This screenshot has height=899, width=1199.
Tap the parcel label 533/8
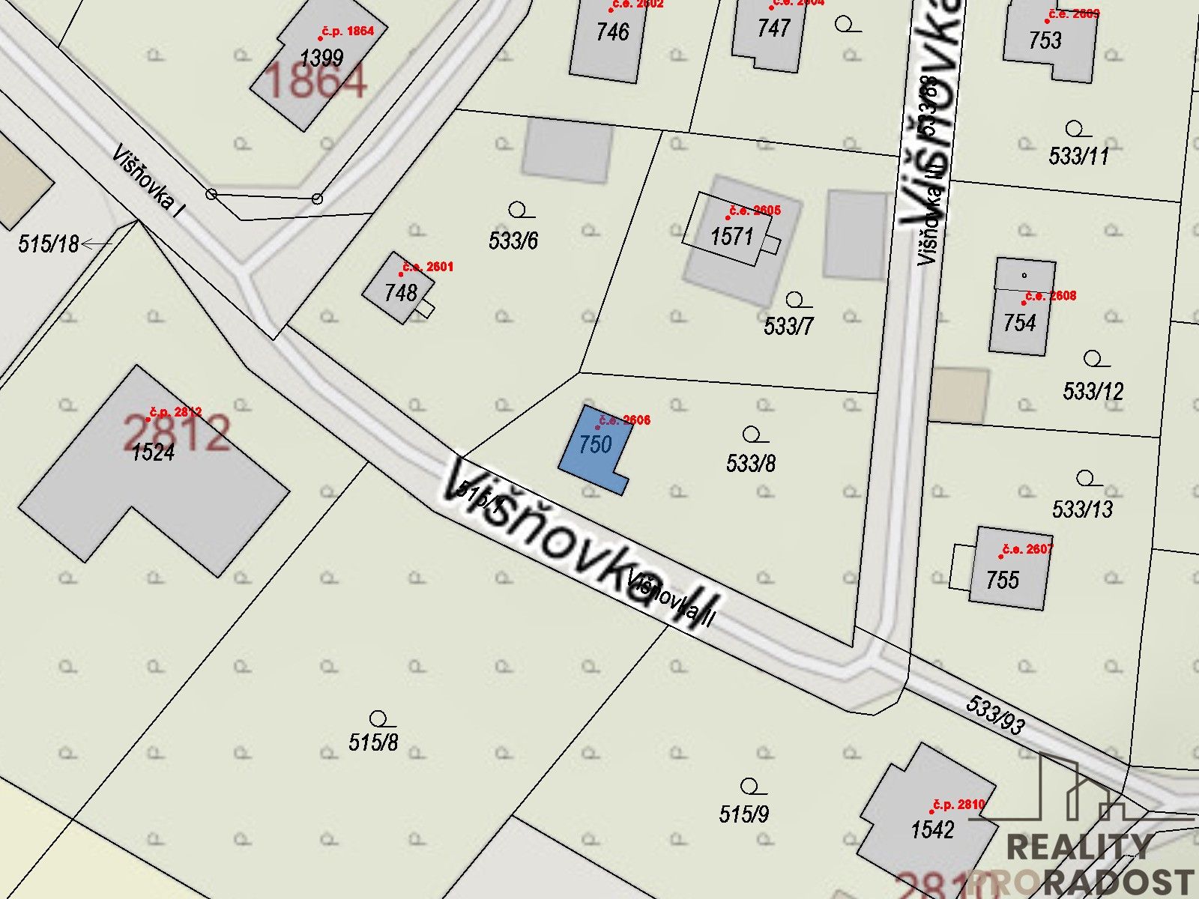click(x=751, y=463)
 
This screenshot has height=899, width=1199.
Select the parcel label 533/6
click(x=513, y=240)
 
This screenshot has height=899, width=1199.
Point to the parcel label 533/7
click(x=788, y=326)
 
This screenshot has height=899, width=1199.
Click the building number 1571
click(x=731, y=237)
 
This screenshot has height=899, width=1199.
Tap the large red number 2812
click(x=177, y=432)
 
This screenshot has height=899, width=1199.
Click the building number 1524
click(x=153, y=452)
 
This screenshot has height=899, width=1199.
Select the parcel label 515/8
click(x=373, y=742)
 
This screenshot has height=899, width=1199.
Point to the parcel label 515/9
click(x=743, y=814)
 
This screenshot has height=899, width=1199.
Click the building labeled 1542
click(x=932, y=829)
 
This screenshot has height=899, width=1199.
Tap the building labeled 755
click(x=1003, y=579)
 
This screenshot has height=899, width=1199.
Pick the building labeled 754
click(x=1019, y=322)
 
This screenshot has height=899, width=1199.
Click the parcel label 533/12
click(x=1093, y=390)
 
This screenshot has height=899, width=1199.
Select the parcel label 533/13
click(x=1082, y=509)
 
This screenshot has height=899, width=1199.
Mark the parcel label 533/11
click(x=1078, y=156)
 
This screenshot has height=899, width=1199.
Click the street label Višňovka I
click(x=148, y=181)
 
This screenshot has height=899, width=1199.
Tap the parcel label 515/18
click(x=49, y=243)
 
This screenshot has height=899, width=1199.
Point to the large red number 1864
click(x=315, y=81)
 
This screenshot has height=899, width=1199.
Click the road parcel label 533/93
click(x=995, y=715)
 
